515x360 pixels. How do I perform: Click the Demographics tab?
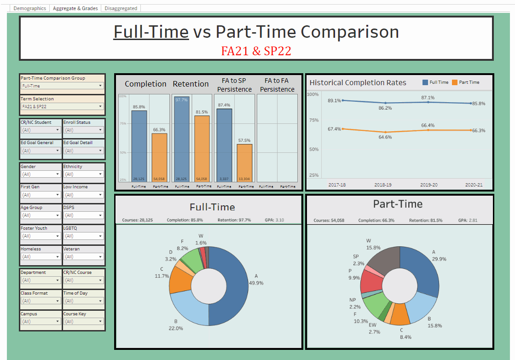point(29,8)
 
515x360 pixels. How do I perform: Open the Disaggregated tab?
point(121,8)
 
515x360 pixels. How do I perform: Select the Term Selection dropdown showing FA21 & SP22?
point(62,107)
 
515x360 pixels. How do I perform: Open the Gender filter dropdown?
point(41,174)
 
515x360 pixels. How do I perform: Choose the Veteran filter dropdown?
point(83,256)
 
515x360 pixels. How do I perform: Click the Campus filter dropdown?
point(41,321)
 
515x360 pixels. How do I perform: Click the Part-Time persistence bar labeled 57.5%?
point(244,163)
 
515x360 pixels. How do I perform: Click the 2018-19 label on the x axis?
point(382,185)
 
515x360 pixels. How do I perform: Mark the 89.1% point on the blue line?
point(343,100)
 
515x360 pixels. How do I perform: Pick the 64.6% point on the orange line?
point(386,132)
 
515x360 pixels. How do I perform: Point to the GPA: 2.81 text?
point(468,221)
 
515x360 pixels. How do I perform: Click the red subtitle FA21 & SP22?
point(256,51)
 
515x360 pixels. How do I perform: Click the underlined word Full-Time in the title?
point(151,32)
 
